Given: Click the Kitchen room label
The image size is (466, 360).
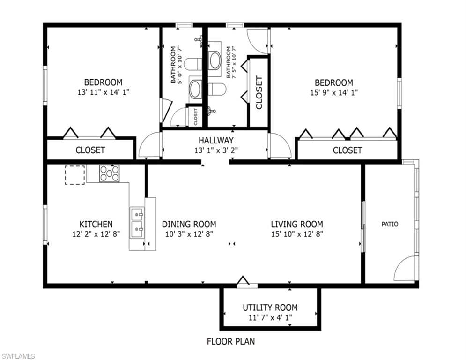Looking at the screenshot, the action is (96, 224).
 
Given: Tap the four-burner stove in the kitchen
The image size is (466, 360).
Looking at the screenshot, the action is (109, 173).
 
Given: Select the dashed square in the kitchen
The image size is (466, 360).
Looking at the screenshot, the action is (75, 175).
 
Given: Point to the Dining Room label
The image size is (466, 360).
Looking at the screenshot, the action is (189, 224).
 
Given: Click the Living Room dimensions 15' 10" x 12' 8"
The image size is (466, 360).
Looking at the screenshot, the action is (297, 234).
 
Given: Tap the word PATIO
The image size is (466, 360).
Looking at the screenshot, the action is (390, 224).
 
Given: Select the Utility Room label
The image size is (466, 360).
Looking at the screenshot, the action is (270, 307).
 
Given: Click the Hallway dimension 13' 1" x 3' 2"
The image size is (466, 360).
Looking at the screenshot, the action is (216, 150).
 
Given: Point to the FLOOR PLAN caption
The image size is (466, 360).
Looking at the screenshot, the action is (231, 341).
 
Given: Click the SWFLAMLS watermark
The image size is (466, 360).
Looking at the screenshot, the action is (18, 356).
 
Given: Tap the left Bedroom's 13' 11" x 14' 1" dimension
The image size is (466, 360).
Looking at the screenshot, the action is (104, 92).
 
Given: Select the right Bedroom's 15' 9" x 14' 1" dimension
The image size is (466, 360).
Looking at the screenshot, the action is (334, 92).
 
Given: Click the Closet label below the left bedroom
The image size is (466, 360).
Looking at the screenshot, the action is (90, 150).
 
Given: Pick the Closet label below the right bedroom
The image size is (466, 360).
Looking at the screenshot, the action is (347, 150).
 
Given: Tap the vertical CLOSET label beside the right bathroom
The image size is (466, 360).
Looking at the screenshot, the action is (259, 92).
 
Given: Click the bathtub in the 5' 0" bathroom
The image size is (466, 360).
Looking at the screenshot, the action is (195, 89).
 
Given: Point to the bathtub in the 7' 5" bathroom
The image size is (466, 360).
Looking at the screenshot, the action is (215, 60).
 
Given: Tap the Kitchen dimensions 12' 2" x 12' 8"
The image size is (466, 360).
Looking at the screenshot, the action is (96, 234).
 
